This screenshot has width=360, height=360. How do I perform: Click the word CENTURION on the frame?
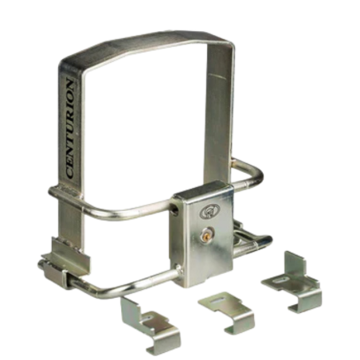70,128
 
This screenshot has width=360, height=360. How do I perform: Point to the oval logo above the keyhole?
209,211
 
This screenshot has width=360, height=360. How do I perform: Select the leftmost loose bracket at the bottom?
150,325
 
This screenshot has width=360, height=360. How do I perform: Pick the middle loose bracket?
227,312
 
